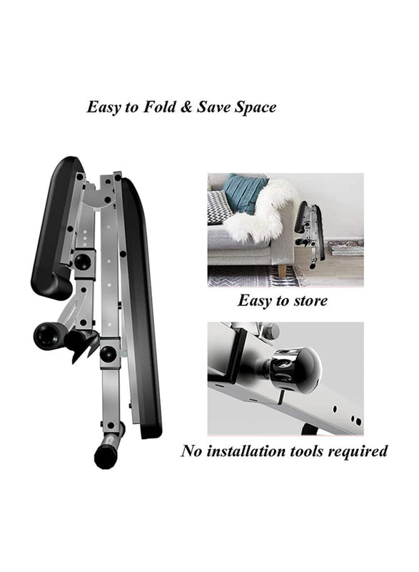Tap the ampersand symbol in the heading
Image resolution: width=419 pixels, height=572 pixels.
[x=186, y=107]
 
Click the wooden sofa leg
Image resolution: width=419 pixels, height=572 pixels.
[x=282, y=270]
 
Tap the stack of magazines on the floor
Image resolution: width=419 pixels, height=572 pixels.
[x=345, y=247]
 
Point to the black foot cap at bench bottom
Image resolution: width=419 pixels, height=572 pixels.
[x=104, y=454]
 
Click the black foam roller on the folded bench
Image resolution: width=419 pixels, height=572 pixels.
[x=49, y=335]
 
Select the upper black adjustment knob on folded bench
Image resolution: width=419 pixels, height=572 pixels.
[x=83, y=262]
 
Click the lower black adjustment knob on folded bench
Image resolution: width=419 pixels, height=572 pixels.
[x=108, y=353]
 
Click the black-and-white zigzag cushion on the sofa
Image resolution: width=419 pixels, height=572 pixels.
[x=219, y=208]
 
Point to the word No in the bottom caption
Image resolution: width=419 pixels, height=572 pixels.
[x=191, y=451]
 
